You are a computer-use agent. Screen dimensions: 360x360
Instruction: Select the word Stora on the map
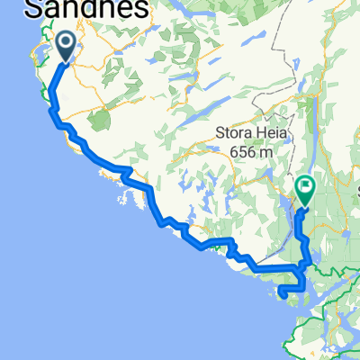pyautogui.click(x=235, y=135)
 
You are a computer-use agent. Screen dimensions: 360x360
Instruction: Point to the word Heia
pyautogui.click(x=273, y=135)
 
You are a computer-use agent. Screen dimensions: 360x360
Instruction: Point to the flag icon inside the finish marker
pyautogui.click(x=305, y=187)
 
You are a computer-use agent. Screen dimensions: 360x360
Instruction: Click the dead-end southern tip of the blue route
pyautogui.click(x=282, y=292)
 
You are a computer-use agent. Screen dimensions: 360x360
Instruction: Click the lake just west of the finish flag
pyautogui.click(x=286, y=211)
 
